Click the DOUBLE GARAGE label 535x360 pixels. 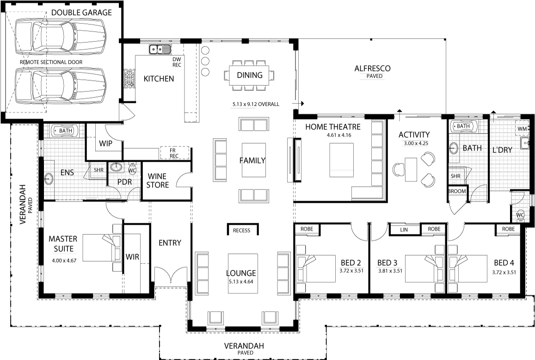pyautogui.click(x=81, y=12)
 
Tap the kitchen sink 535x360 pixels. pyautogui.click(x=160, y=49)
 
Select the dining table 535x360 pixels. pyautogui.click(x=249, y=75)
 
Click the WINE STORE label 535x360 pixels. pyautogui.click(x=158, y=181)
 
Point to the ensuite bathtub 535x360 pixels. pyautogui.click(x=65, y=131)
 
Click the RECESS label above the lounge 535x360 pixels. pyautogui.click(x=241, y=231)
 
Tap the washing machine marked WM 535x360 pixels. pyautogui.click(x=522, y=129)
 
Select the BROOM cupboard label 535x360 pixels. pyautogui.click(x=457, y=191)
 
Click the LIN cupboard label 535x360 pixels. pyautogui.click(x=404, y=230)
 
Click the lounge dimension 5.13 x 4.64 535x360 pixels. pyautogui.click(x=241, y=281)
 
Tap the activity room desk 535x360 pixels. pyautogui.click(x=411, y=170)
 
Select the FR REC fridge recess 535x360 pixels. pyautogui.click(x=174, y=153)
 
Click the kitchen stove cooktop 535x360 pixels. pyautogui.click(x=129, y=79)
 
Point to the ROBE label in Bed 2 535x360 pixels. pyautogui.click(x=307, y=229)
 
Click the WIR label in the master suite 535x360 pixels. pyautogui.click(x=132, y=256)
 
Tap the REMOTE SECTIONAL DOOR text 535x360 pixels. pyautogui.click(x=51, y=62)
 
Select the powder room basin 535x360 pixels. pyautogui.click(x=117, y=167)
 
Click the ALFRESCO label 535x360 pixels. pyautogui.click(x=373, y=68)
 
